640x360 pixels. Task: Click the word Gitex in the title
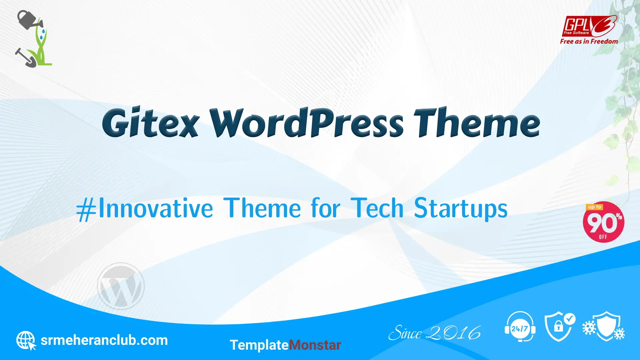(x=151, y=122)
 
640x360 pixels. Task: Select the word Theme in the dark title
(x=477, y=122)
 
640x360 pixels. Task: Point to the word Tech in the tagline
(x=377, y=208)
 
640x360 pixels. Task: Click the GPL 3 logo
(x=590, y=26)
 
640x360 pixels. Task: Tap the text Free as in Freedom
(x=589, y=41)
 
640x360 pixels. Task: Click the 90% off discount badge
(x=603, y=222)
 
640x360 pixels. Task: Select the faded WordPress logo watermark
(x=121, y=286)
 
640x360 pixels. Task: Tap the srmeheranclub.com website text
(x=104, y=340)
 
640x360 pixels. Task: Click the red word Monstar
(x=315, y=345)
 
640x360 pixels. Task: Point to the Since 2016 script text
(x=435, y=333)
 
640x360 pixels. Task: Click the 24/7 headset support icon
(x=520, y=327)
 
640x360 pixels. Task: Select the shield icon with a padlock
(x=560, y=327)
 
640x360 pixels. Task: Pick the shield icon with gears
(x=604, y=326)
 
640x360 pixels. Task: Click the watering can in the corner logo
(x=30, y=20)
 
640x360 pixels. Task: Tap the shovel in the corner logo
(x=26, y=58)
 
